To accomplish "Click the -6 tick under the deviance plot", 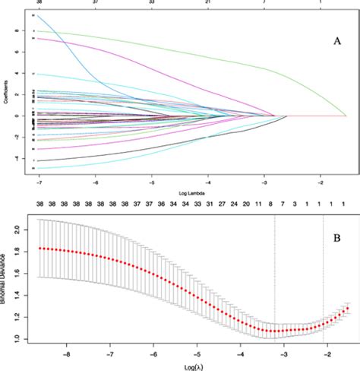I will [x=154, y=353].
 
